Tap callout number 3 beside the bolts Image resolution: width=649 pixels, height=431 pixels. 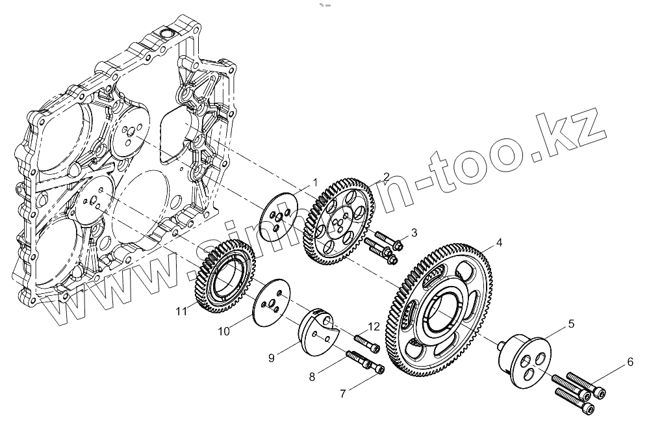click(414, 233)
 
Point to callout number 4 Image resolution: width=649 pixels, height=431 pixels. click(499, 242)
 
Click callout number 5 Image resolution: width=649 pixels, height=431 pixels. click(571, 322)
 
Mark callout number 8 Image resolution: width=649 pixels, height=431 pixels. click(312, 375)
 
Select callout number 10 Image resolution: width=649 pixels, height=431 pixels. click(223, 332)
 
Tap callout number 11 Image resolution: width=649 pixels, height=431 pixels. click(183, 311)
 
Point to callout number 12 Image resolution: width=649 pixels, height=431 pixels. click(374, 325)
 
